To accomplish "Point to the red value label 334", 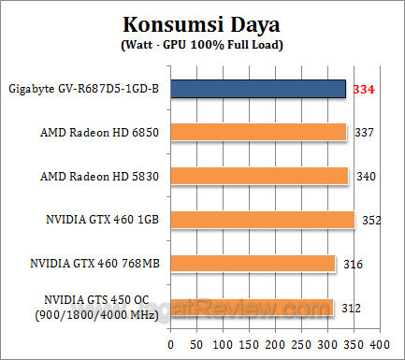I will pyautogui.click(x=365, y=89).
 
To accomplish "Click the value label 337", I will pyautogui.click(x=365, y=132).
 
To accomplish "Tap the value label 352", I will pyautogui.click(x=370, y=220).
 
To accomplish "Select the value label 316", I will pyautogui.click(x=353, y=264).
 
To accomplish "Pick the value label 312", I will pyautogui.click(x=349, y=308).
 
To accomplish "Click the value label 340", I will pyautogui.click(x=367, y=176).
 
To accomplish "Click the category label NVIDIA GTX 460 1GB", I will pyautogui.click(x=106, y=220).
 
